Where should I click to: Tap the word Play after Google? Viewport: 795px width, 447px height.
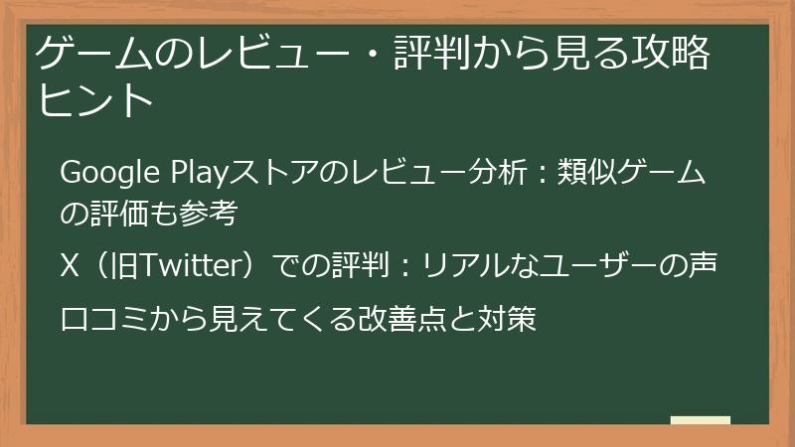pos(173,174)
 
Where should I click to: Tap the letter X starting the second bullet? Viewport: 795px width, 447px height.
pos(69,266)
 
